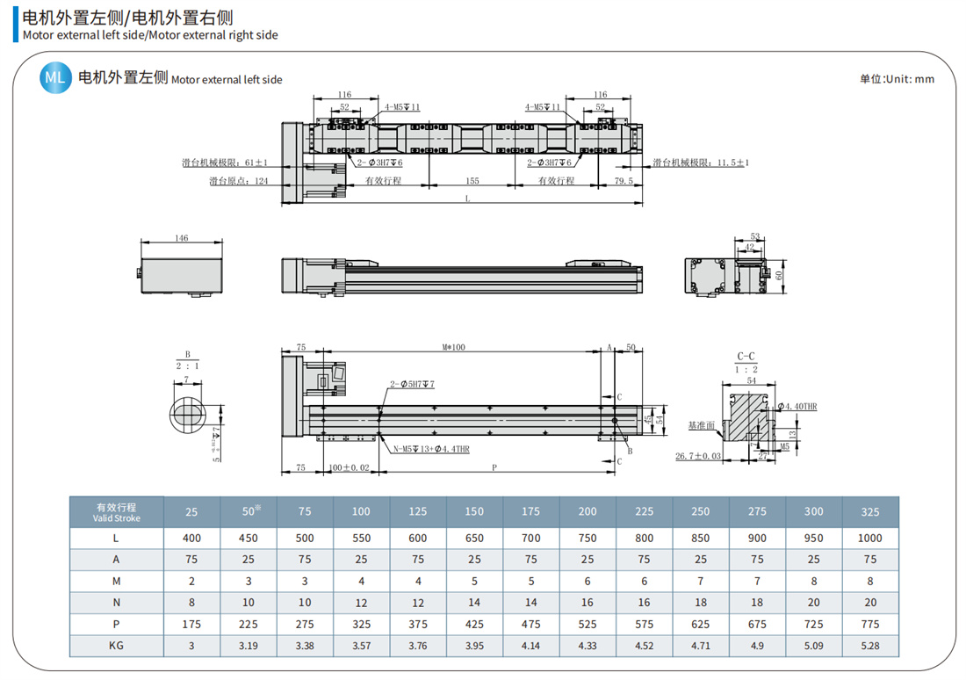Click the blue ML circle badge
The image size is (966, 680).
[55, 78]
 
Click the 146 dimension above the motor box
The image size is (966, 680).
[182, 238]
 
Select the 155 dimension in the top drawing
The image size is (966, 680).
[472, 181]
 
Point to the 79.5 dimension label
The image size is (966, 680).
[624, 181]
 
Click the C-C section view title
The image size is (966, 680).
[746, 357]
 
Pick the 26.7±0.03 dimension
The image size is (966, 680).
[698, 456]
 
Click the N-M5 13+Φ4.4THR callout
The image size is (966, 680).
[430, 449]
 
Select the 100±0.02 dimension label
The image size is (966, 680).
[349, 468]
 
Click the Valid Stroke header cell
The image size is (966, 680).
[116, 512]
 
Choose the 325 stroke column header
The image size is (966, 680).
[870, 511]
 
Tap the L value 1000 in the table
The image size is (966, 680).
[870, 538]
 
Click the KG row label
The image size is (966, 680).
[116, 646]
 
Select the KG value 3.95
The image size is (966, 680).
[474, 646]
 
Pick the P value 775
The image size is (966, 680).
[870, 625]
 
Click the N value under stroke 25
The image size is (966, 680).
[191, 603]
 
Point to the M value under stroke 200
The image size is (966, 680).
[588, 581]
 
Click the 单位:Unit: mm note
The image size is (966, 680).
[897, 79]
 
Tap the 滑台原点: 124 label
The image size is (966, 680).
[238, 181]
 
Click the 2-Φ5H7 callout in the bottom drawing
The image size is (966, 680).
[412, 385]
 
